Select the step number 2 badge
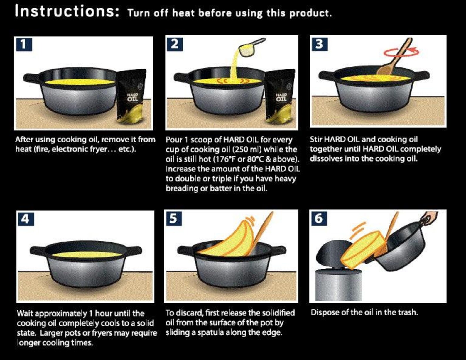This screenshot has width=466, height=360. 174,44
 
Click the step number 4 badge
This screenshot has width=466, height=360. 26,219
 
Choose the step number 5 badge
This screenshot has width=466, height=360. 173,218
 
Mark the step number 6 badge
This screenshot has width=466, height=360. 318,218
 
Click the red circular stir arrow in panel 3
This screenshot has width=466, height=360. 401,52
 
